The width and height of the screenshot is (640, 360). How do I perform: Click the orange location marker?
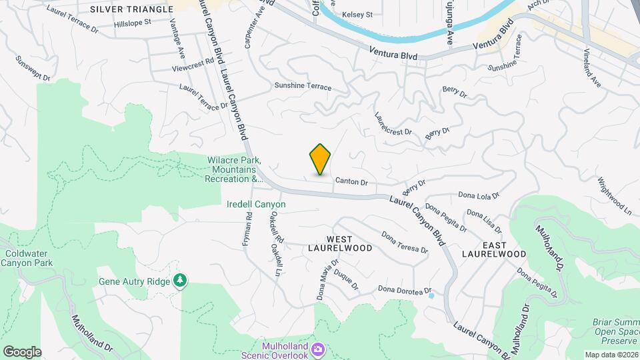(x=321, y=159)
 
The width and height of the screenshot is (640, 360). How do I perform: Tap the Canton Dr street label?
(x=351, y=181)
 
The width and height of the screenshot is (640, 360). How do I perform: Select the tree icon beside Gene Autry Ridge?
(x=179, y=281)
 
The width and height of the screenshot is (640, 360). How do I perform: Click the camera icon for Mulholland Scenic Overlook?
(x=319, y=349)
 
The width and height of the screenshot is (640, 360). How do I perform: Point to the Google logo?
(x=22, y=351)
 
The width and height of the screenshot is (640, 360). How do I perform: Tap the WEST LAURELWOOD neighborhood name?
(x=330, y=243)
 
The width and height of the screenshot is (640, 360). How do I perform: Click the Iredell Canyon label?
(x=256, y=204)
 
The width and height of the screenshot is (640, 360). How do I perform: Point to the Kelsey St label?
(x=357, y=14)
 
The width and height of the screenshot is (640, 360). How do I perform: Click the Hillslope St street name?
(x=133, y=22)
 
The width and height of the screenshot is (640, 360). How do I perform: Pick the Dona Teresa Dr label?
(x=404, y=242)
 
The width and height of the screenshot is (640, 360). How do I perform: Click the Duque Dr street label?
(x=346, y=279)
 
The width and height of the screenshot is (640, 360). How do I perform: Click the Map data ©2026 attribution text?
(x=611, y=354)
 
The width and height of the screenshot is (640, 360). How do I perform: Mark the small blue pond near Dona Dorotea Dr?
(x=431, y=295)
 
